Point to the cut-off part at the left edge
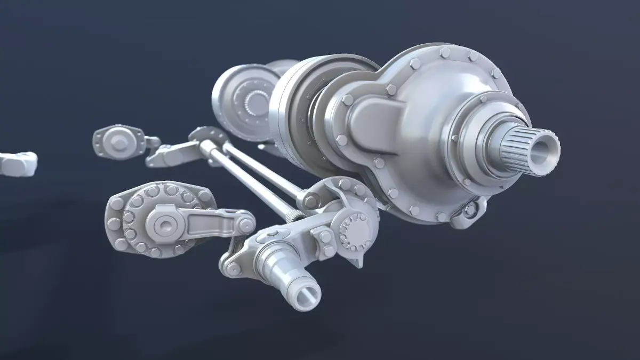click(16, 163)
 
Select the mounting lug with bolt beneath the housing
click(471, 211)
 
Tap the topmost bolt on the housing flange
click(445, 52)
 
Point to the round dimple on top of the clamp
click(274, 233)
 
